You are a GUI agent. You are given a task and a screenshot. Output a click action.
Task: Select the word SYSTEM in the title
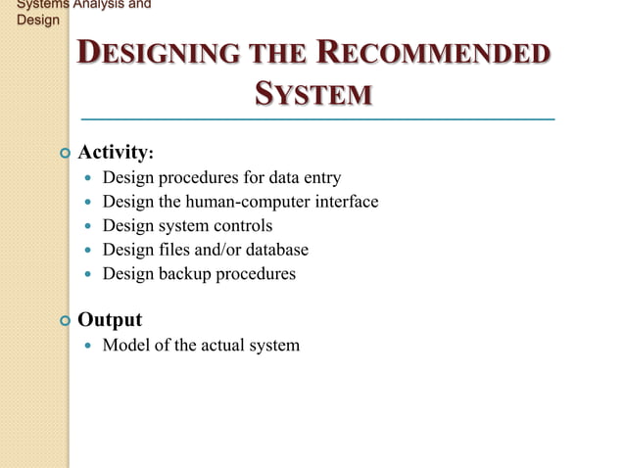tap(312, 95)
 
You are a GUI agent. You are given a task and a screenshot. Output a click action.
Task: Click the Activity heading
tap(115, 152)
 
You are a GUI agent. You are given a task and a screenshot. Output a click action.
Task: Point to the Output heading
tap(110, 319)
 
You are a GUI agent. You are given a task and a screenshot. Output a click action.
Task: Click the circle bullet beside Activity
tap(65, 153)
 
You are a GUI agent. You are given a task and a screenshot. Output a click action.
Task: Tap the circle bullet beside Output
tap(65, 320)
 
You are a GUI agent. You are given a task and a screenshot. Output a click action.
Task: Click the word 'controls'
tap(241, 226)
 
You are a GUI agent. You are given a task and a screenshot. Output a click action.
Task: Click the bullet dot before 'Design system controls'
tap(89, 226)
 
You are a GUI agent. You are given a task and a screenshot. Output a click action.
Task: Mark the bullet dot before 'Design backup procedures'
tap(89, 274)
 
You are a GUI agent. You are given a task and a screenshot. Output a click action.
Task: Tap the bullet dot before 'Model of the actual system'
tap(89, 346)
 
